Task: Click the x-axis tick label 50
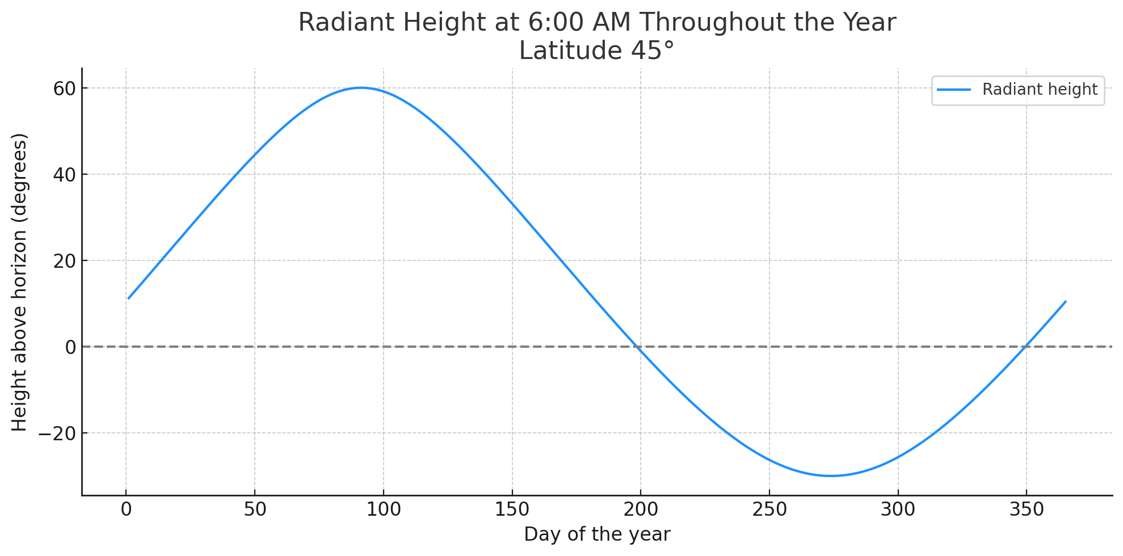pos(255,510)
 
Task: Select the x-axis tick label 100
pos(383,510)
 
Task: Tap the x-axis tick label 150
pos(512,510)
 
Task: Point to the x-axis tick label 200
pos(641,510)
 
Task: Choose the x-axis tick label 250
pos(769,510)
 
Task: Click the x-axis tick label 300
pos(898,510)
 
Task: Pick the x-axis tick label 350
pos(1027,510)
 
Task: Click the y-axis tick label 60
pos(64,89)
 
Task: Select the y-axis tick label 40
pos(64,175)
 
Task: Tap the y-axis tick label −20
pos(57,433)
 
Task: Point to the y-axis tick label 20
pos(64,261)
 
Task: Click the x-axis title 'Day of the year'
pos(597,534)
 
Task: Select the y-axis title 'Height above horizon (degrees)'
pos(20,282)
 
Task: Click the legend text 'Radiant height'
pos(1040,90)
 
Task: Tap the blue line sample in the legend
pos(953,90)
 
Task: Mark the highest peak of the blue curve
pos(361,88)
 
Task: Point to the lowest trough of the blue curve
pos(831,476)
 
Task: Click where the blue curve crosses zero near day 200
pos(638,347)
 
